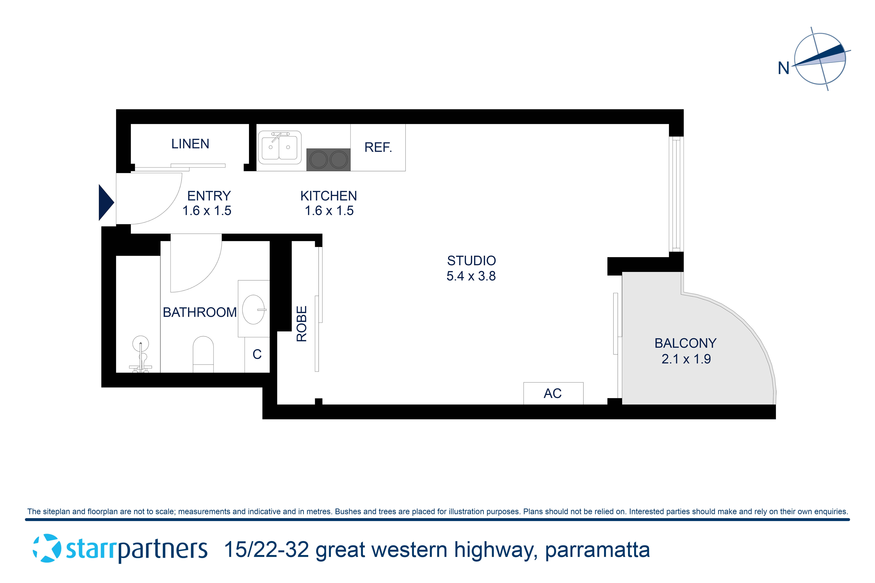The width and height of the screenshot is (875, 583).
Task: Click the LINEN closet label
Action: click(x=190, y=144)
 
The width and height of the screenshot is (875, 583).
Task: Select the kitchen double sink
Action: click(x=279, y=148)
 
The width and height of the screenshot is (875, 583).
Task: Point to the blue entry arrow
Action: click(x=106, y=203)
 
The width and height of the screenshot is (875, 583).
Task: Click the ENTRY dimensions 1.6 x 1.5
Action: click(x=207, y=211)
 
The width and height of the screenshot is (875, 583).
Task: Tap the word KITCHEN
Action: click(x=329, y=196)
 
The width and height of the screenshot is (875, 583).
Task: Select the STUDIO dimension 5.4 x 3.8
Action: click(x=471, y=276)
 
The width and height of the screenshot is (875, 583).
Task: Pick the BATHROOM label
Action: click(x=200, y=312)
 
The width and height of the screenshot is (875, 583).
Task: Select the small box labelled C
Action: click(x=257, y=354)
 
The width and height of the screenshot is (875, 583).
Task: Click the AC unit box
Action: click(x=553, y=393)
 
